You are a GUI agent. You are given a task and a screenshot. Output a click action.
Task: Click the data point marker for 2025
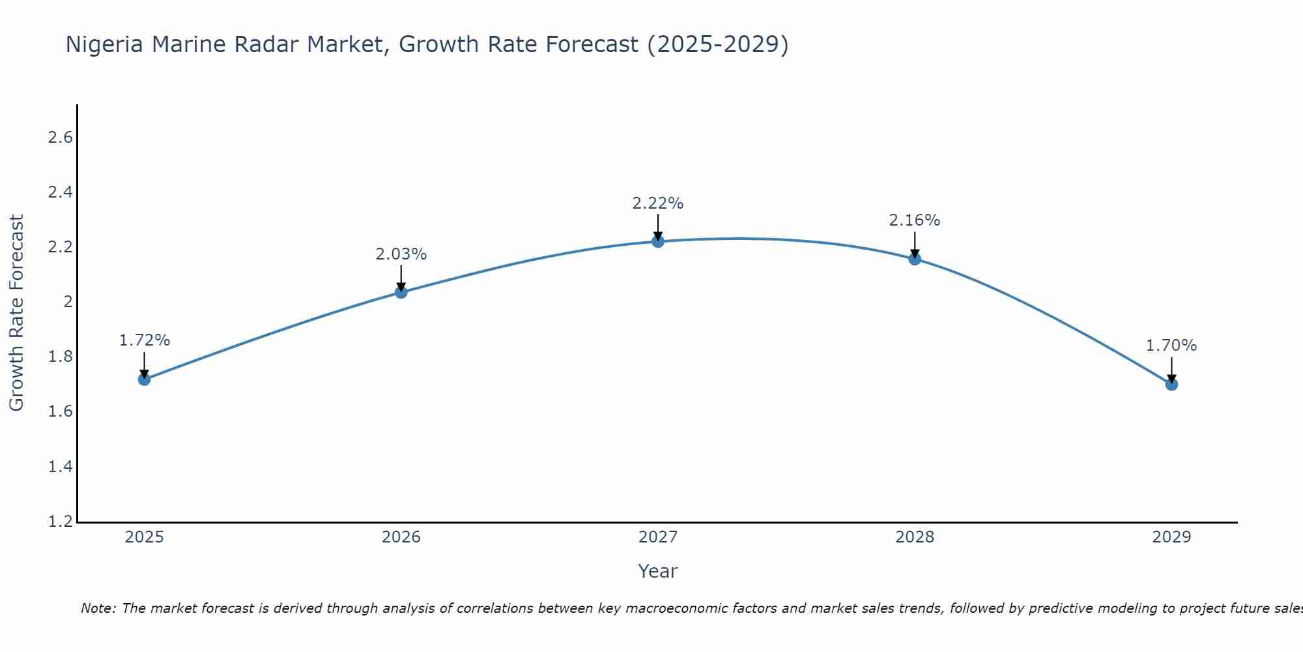[x=144, y=379]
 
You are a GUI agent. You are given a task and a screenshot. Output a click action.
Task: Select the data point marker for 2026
[x=401, y=292]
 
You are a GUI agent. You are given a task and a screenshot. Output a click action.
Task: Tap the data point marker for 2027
[x=658, y=241]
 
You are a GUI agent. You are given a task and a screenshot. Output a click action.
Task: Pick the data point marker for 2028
[x=915, y=259]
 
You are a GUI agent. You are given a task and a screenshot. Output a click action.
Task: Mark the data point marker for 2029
[x=1171, y=385]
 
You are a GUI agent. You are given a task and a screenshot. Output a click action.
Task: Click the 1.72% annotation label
[x=144, y=340]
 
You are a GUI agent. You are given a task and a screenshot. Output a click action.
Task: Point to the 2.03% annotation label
[x=401, y=254]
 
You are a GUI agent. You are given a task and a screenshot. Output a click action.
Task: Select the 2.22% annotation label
[x=658, y=203]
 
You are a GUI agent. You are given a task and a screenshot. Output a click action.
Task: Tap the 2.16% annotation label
[x=915, y=220]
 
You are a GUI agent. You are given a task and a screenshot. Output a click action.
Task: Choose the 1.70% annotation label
[x=1171, y=346]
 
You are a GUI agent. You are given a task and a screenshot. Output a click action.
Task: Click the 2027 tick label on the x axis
[x=658, y=537]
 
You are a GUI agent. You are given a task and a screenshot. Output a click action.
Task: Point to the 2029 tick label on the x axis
[x=1171, y=537]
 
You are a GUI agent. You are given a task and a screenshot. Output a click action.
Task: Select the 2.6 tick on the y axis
[x=60, y=138]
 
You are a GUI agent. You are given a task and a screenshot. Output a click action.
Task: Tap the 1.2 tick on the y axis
[x=60, y=522]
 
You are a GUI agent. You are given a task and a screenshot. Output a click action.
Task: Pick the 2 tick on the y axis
[x=68, y=302]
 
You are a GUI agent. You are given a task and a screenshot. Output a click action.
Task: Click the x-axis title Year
[x=658, y=571]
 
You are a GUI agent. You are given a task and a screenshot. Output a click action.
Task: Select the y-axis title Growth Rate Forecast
[x=16, y=313]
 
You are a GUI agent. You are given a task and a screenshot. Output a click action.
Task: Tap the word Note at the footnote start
[x=98, y=608]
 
